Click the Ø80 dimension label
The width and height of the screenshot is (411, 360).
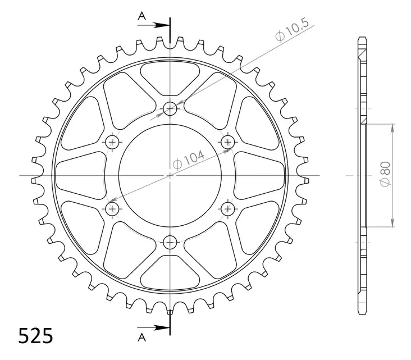click(x=387, y=174)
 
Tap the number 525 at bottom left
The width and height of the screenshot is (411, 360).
click(x=36, y=336)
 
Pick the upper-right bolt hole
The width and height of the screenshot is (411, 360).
click(x=228, y=141)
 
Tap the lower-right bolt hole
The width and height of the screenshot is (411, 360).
click(x=228, y=209)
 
